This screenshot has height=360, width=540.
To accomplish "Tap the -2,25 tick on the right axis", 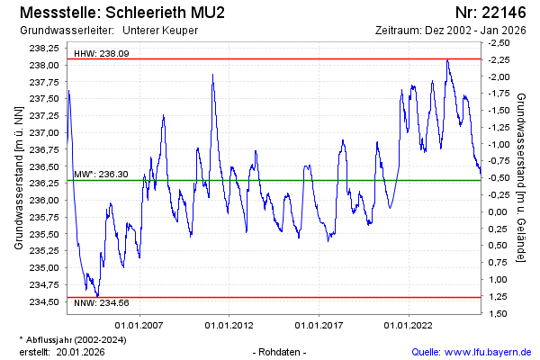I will point(498,59).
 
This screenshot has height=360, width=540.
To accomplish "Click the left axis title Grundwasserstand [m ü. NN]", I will point(18,175).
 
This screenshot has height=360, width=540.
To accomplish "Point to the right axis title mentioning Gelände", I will point(522,175).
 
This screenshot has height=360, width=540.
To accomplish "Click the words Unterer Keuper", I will point(160,31).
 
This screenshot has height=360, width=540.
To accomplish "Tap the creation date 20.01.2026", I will point(81,351).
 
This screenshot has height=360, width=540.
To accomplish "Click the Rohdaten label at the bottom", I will point(281,351).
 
